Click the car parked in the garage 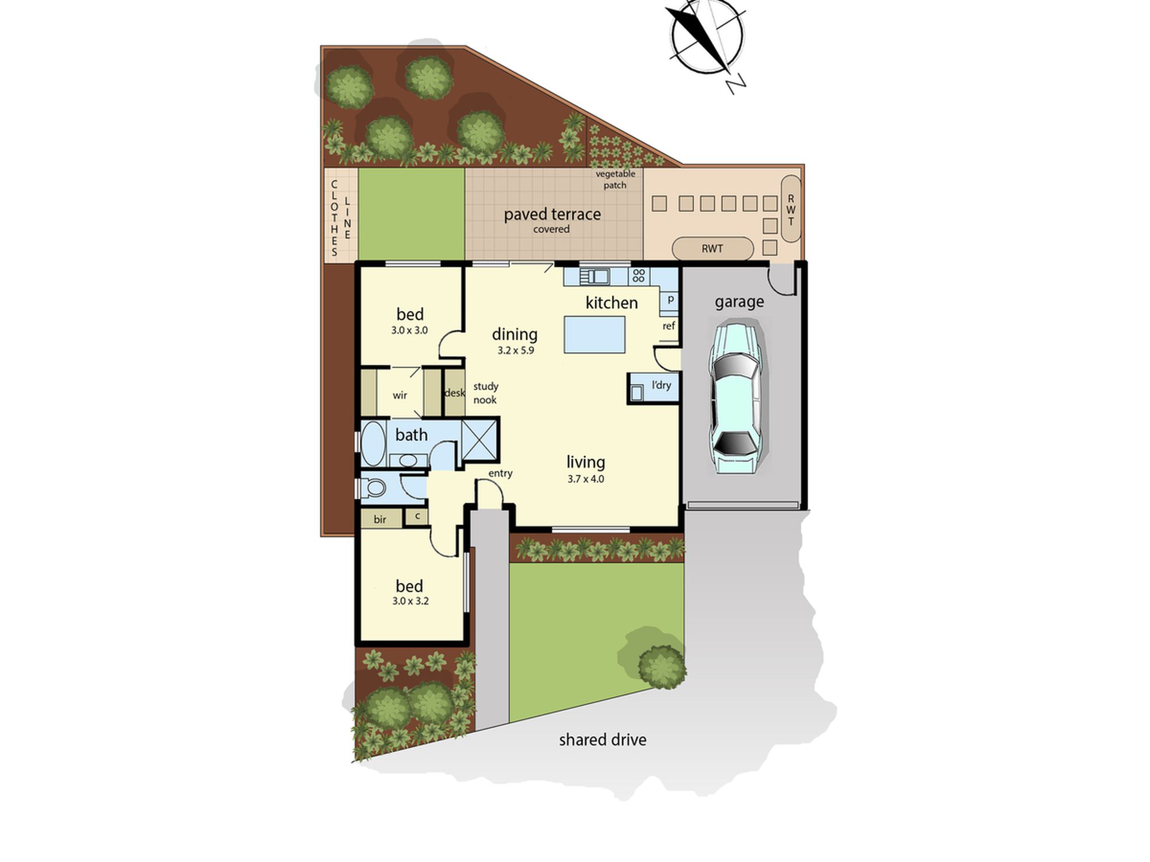[x=735, y=398]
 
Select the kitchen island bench [x=595, y=334]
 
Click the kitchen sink [x=595, y=276]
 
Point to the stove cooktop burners [x=639, y=275]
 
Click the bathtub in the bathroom [x=373, y=444]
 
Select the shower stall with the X [x=480, y=440]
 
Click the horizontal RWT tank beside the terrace [x=712, y=249]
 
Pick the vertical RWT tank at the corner [x=791, y=209]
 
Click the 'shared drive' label [x=603, y=740]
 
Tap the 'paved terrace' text [x=553, y=214]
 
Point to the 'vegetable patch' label [x=615, y=179]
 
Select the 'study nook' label [x=485, y=393]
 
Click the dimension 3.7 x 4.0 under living [x=586, y=479]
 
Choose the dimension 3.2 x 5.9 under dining [x=516, y=350]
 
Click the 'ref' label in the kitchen [x=669, y=326]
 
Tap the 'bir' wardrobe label [x=380, y=519]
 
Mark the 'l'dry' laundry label [x=661, y=385]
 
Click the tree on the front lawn [x=661, y=667]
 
